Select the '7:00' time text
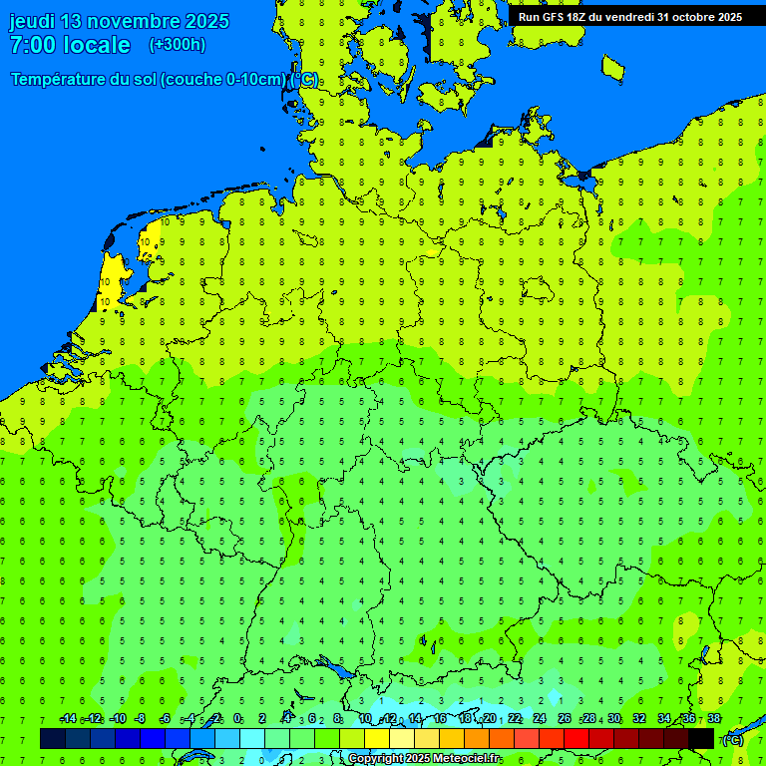point(33,45)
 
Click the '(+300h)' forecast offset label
point(177,45)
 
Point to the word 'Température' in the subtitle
point(57,80)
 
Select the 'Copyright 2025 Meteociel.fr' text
point(425,759)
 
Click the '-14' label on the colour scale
point(68,719)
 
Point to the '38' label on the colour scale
point(714,719)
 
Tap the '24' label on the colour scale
point(540,719)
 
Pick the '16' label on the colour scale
point(440,719)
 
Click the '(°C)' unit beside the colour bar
point(732,739)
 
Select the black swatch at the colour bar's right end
point(701,738)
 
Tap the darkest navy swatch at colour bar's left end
point(53,738)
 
